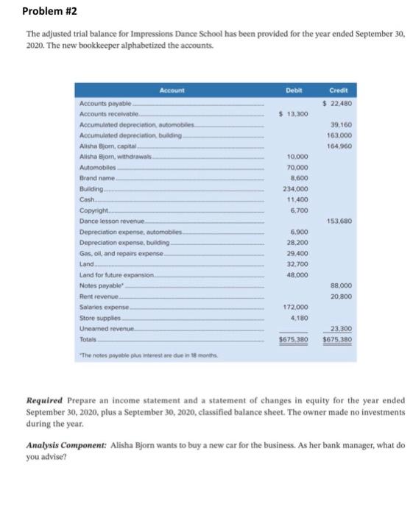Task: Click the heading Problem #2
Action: click(x=49, y=12)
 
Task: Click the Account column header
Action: click(x=172, y=90)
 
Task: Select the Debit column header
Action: click(x=294, y=90)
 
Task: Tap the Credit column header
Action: click(x=340, y=90)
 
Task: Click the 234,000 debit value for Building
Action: click(x=294, y=189)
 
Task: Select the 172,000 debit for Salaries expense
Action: click(x=294, y=307)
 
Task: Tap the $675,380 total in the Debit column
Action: click(x=292, y=340)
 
